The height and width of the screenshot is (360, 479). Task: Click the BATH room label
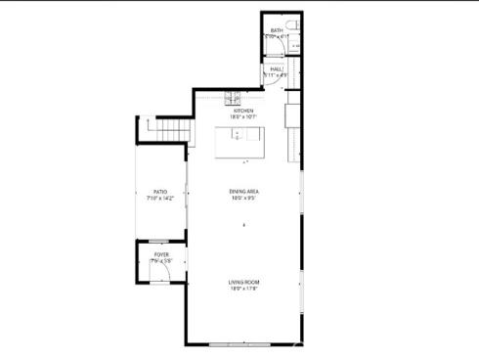click(277, 30)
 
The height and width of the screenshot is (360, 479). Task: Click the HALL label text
click(277, 69)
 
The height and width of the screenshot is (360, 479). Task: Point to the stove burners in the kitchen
click(234, 96)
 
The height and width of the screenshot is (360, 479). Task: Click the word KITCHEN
click(242, 111)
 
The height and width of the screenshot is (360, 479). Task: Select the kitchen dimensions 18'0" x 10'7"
click(242, 117)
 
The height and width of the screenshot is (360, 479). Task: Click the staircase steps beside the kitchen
click(167, 128)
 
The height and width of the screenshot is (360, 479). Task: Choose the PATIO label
click(159, 192)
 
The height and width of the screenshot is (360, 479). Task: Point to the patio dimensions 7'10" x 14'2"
click(159, 199)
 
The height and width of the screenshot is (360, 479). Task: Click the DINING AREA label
click(243, 191)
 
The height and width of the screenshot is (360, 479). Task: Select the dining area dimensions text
click(243, 199)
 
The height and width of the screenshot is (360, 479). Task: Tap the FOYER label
click(161, 254)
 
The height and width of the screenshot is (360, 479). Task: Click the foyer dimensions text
click(161, 261)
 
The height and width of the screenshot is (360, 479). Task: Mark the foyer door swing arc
click(173, 273)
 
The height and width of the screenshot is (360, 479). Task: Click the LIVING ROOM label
click(243, 282)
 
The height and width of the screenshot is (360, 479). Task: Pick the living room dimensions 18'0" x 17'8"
click(243, 289)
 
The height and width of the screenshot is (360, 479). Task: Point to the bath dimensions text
click(277, 37)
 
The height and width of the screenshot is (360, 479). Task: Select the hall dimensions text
click(277, 75)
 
